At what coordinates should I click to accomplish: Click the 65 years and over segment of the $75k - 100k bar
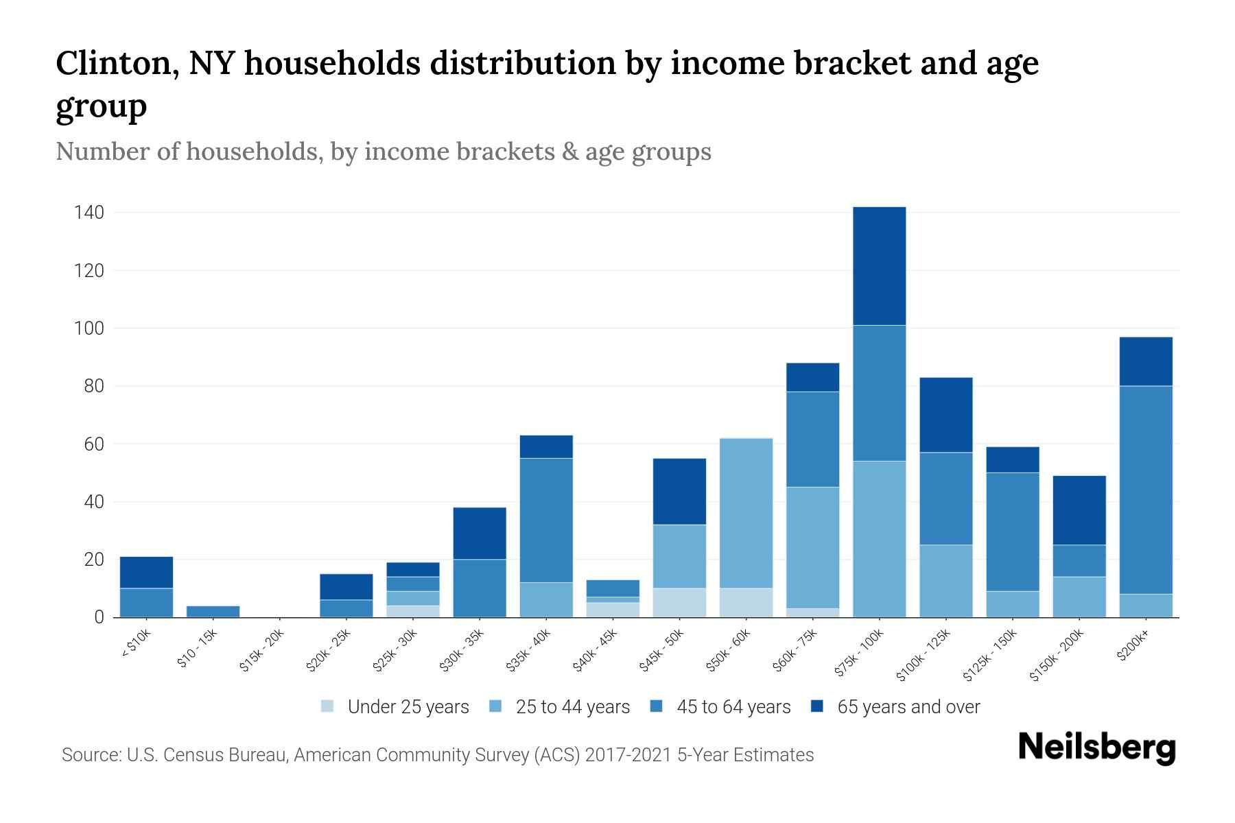pyautogui.click(x=879, y=266)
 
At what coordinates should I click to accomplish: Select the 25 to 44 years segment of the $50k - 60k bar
pyautogui.click(x=746, y=513)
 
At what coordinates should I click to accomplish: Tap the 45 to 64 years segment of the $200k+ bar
pyautogui.click(x=1145, y=490)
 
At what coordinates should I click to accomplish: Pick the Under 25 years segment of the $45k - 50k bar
pyautogui.click(x=679, y=603)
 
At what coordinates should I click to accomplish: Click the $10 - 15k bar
pyautogui.click(x=213, y=612)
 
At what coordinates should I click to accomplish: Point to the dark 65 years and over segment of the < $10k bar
pyautogui.click(x=146, y=572)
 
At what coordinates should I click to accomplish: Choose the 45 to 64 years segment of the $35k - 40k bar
pyautogui.click(x=546, y=520)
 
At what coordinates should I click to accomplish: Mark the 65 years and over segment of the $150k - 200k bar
pyautogui.click(x=1079, y=510)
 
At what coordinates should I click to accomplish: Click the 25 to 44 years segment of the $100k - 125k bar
pyautogui.click(x=945, y=581)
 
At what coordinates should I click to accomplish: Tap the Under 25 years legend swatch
pyautogui.click(x=328, y=706)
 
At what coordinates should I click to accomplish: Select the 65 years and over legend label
pyautogui.click(x=908, y=707)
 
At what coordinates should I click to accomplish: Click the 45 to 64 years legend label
pyautogui.click(x=733, y=707)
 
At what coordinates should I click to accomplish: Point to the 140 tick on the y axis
pyautogui.click(x=89, y=213)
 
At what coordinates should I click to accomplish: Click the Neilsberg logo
pyautogui.click(x=1096, y=748)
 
